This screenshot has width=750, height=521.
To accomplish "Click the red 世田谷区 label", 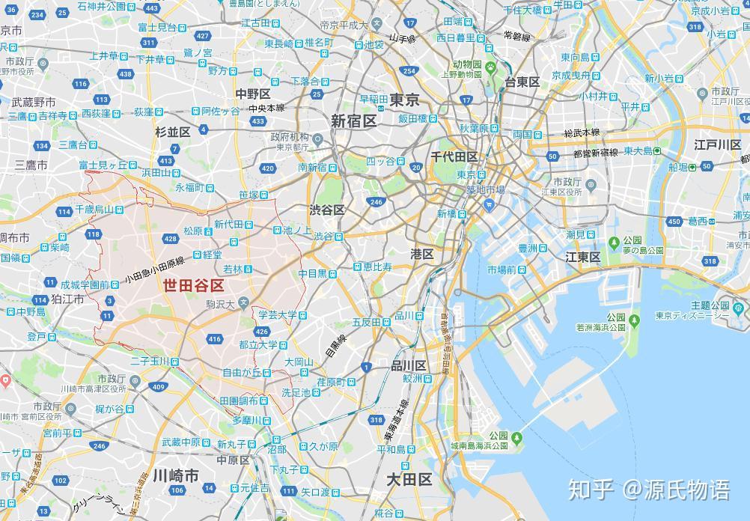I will point(194,286).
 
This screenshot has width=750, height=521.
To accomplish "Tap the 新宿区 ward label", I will point(354,121).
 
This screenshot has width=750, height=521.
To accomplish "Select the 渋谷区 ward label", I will point(327,210).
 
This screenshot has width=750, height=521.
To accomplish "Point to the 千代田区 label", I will point(454,156).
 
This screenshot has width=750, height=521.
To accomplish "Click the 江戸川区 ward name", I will point(717,144).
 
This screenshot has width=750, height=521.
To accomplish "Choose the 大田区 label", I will point(409,479).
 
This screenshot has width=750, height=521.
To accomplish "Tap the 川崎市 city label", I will point(176,476).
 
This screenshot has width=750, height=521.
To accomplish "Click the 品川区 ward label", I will point(409,365).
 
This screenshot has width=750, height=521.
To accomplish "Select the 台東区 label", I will point(522,82).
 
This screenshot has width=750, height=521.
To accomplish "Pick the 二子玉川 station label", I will point(150,361).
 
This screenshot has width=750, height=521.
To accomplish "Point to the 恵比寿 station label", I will point(377,266).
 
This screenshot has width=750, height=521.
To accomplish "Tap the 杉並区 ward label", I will point(173,132).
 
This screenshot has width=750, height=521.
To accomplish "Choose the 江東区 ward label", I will point(583,257).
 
